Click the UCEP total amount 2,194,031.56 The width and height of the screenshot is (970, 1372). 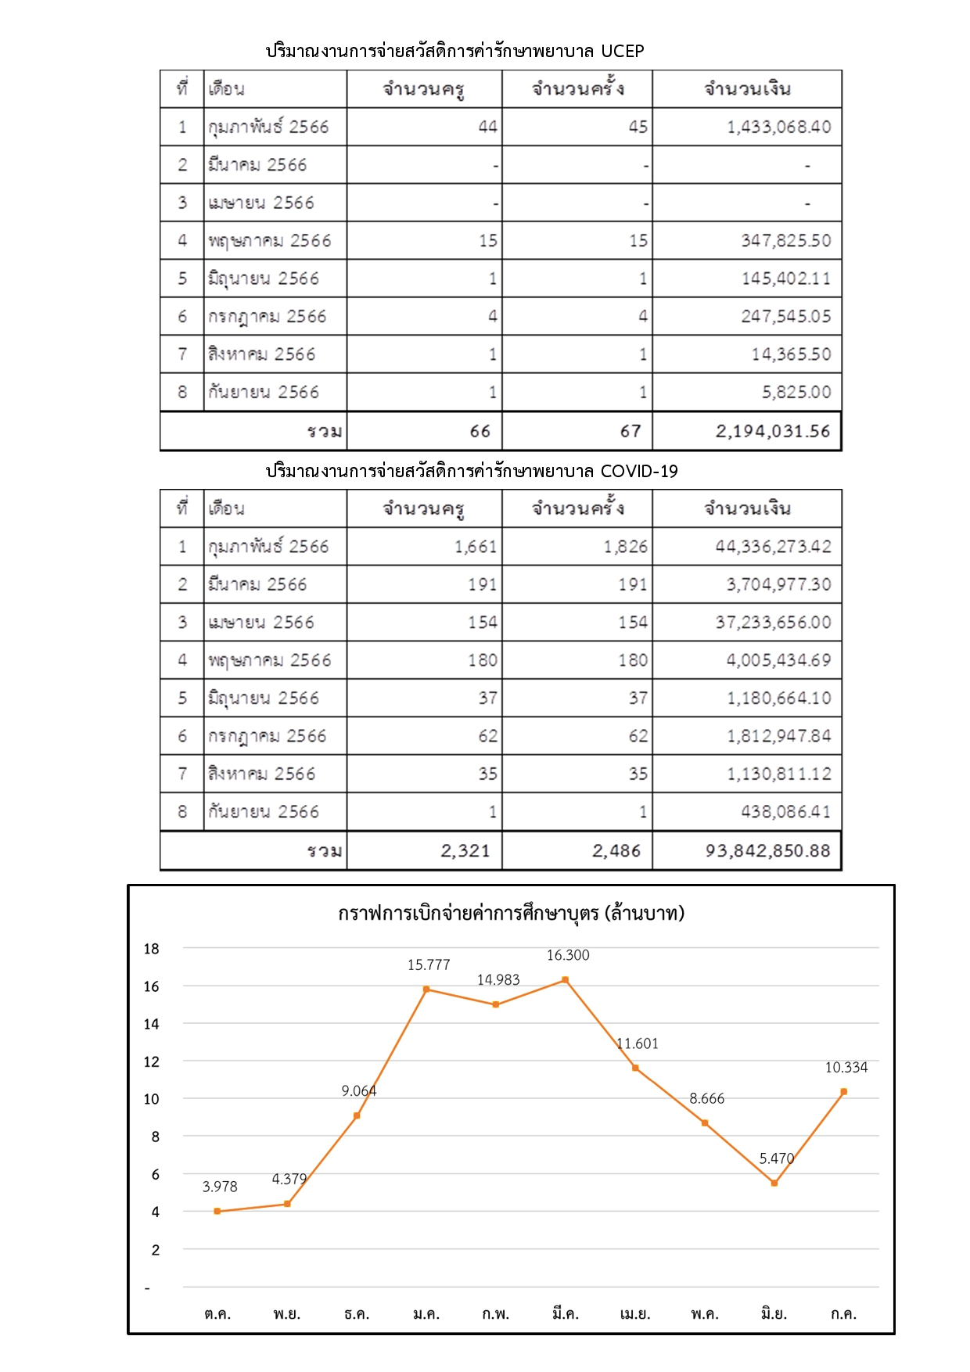pyautogui.click(x=772, y=431)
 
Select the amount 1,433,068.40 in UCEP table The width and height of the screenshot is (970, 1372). pyautogui.click(x=778, y=127)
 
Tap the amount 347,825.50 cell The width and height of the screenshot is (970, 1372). pyautogui.click(x=785, y=241)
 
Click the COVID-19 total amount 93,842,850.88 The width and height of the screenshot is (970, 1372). pyautogui.click(x=767, y=851)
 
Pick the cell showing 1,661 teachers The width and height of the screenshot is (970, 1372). pyautogui.click(x=476, y=547)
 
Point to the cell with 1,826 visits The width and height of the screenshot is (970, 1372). pyautogui.click(x=625, y=547)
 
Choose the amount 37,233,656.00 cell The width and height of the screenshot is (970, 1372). pyautogui.click(x=773, y=623)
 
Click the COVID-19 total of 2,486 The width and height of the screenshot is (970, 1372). pyautogui.click(x=616, y=851)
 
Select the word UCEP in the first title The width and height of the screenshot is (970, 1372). pyautogui.click(x=622, y=52)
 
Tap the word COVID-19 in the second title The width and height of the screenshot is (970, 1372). pyautogui.click(x=638, y=472)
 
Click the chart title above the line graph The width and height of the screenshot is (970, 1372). pyautogui.click(x=511, y=913)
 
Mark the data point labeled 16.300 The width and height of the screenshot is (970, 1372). pyautogui.click(x=566, y=979)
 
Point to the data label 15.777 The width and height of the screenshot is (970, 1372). pyautogui.click(x=429, y=965)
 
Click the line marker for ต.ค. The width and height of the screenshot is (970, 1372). pyautogui.click(x=217, y=1211)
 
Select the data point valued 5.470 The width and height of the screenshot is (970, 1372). pyautogui.click(x=774, y=1183)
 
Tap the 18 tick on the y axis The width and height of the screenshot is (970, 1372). pyautogui.click(x=151, y=949)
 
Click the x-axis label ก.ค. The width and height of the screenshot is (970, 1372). pyautogui.click(x=843, y=1314)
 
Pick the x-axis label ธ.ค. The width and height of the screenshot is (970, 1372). pyautogui.click(x=357, y=1314)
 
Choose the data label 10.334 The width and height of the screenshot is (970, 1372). pyautogui.click(x=846, y=1068)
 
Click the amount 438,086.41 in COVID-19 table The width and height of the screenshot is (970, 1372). pyautogui.click(x=785, y=812)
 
